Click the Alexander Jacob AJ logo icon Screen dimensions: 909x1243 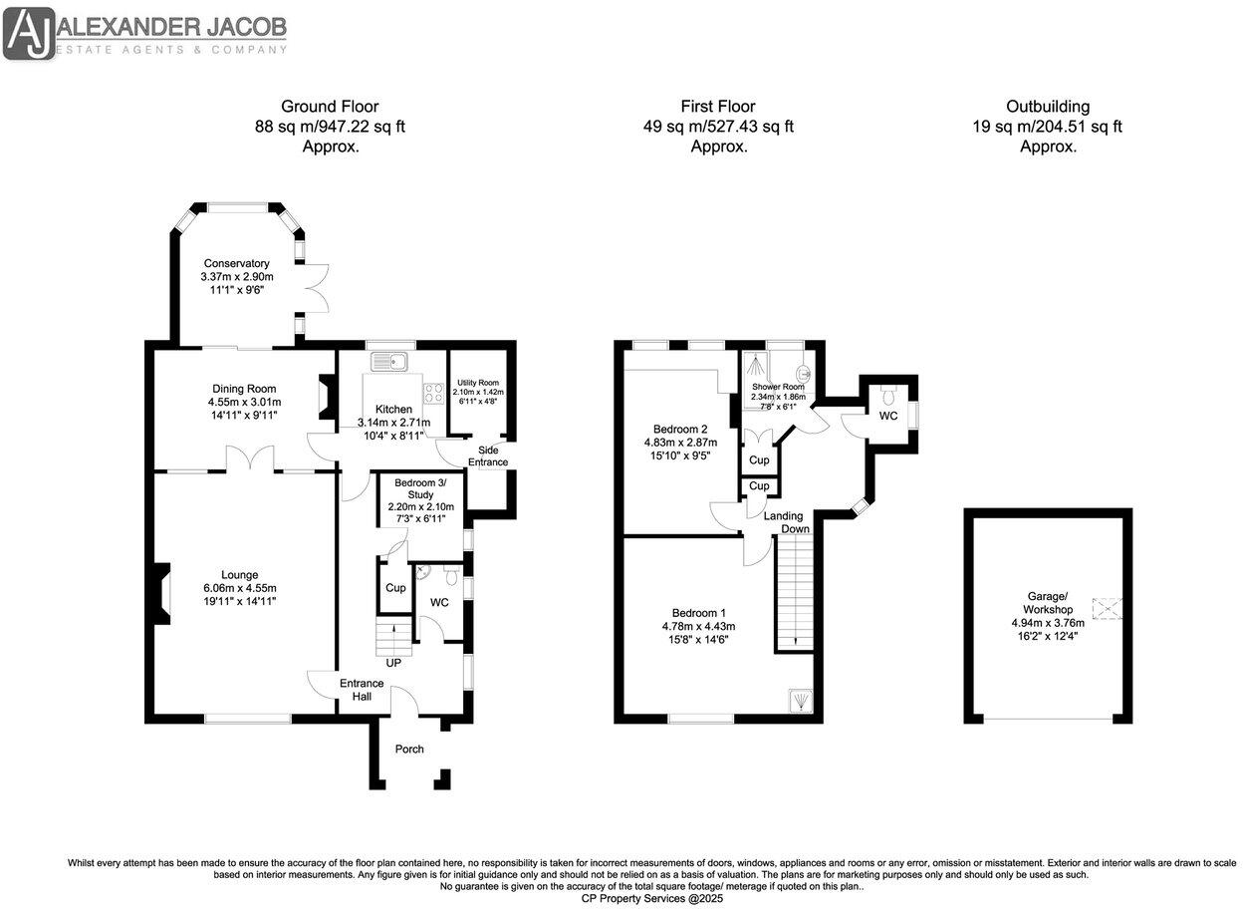29,34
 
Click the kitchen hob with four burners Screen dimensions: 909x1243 433,393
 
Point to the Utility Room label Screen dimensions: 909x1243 477,383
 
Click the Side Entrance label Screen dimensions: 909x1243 487,455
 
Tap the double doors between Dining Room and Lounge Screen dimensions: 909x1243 246,460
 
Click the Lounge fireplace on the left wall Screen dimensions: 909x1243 160,593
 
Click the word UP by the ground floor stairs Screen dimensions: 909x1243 392,662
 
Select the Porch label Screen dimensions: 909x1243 409,749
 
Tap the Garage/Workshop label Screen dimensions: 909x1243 1049,603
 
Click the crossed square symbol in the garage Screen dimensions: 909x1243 1107,608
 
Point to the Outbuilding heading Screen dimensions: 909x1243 1047,107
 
